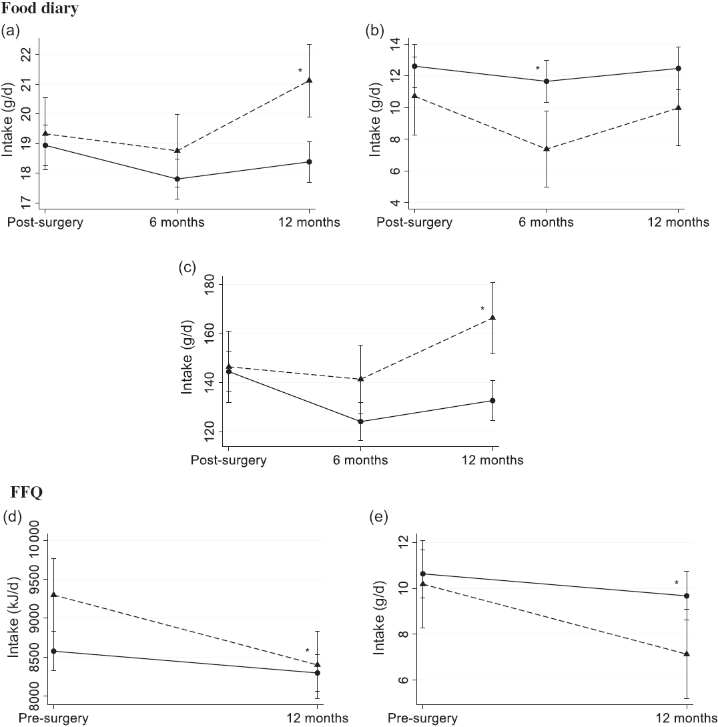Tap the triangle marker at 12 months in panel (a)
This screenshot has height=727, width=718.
(x=309, y=81)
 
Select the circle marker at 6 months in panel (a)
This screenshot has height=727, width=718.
(x=177, y=179)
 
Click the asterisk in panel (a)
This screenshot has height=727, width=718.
(x=300, y=71)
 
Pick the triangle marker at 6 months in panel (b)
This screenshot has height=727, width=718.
(x=547, y=148)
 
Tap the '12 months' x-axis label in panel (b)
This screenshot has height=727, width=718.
(x=679, y=222)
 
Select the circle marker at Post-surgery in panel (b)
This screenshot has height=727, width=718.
(x=414, y=66)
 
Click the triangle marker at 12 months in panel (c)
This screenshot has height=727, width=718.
(x=492, y=317)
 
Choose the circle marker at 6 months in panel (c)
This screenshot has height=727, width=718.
(x=360, y=422)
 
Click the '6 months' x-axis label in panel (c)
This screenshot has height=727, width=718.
(x=360, y=460)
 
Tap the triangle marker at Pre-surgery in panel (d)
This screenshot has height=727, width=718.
(x=54, y=594)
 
